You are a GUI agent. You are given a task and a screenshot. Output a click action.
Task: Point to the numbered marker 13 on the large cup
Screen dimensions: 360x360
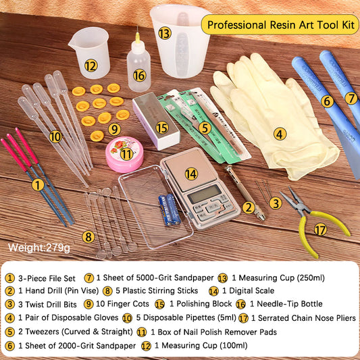point(165,32)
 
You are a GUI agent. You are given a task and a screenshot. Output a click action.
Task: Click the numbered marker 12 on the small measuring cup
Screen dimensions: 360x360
point(91,66)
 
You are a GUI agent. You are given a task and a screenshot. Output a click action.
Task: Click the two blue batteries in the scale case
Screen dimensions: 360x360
point(169,209)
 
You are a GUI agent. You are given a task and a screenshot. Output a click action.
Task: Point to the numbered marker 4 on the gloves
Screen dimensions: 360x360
point(280,134)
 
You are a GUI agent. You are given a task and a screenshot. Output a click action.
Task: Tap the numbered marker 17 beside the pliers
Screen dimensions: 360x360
point(320,230)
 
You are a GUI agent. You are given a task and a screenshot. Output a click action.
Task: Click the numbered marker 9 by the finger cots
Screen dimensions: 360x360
point(114,128)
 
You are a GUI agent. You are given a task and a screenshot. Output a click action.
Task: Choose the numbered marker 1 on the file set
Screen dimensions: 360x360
point(38,183)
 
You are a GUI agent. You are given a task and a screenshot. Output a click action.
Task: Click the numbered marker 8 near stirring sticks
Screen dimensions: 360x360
point(88,236)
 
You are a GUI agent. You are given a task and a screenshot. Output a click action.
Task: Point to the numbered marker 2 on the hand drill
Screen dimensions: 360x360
point(248,207)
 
